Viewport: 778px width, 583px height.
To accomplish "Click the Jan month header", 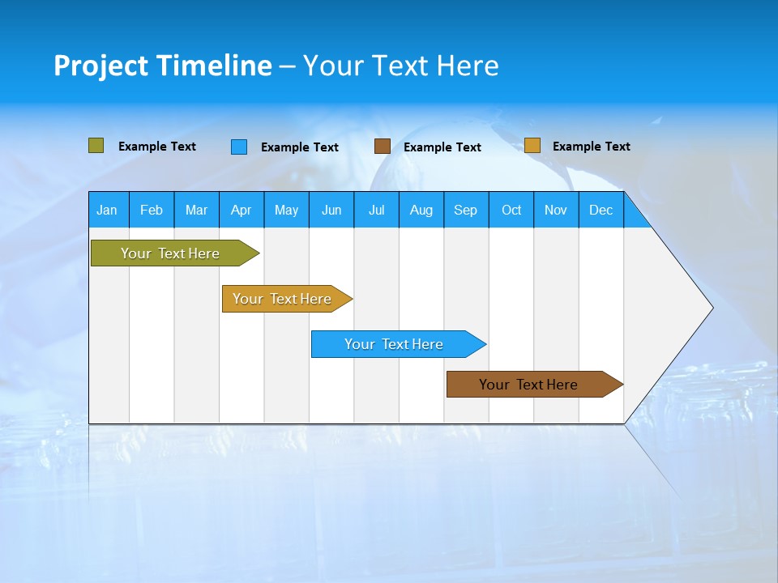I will click(107, 210).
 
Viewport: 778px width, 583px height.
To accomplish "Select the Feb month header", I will click(152, 210).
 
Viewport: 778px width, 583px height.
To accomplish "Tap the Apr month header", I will click(241, 210).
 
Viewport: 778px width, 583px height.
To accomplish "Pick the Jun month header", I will click(331, 210).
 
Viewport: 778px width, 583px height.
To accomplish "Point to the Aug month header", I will click(421, 210).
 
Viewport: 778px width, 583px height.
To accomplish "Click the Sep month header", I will click(465, 210).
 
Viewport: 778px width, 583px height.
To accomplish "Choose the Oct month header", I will click(511, 210).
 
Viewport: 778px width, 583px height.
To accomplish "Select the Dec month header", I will click(601, 210).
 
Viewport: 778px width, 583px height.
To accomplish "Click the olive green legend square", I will click(96, 146).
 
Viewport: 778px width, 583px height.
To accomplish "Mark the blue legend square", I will click(238, 147).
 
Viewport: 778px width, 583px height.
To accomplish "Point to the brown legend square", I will click(382, 147).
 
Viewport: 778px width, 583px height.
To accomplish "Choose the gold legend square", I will click(532, 146).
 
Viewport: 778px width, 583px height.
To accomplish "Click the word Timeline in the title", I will click(215, 66).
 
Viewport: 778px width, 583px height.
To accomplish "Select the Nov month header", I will click(556, 210).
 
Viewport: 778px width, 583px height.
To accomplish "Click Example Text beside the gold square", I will click(591, 147).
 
